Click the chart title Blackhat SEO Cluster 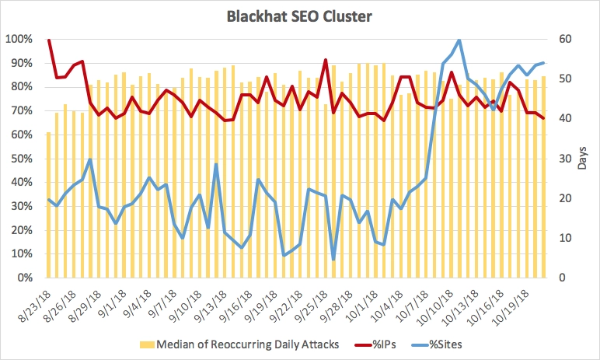tap(299, 16)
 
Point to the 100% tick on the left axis tap(18, 39)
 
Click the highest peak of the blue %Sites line tap(459, 40)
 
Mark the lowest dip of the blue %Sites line tap(333, 260)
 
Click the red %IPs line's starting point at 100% tap(49, 40)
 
